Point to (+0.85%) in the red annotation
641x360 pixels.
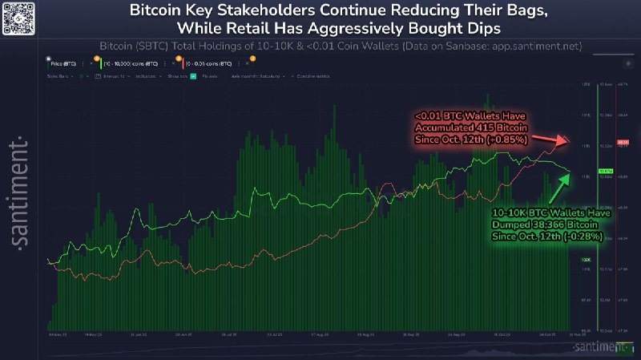coord(505,140)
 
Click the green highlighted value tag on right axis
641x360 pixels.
coord(605,171)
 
